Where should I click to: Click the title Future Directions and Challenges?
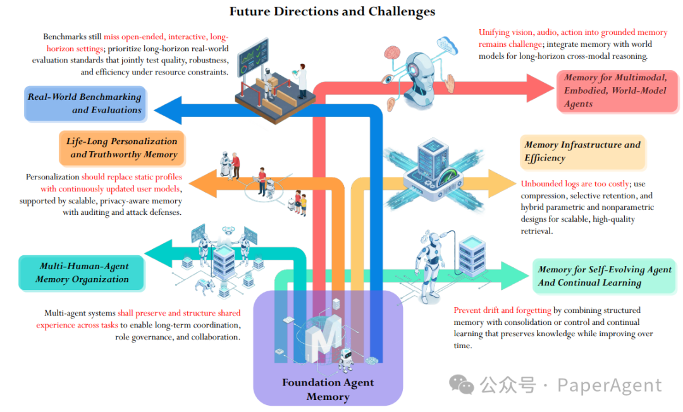click(332, 11)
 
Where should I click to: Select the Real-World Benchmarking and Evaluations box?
click(84, 104)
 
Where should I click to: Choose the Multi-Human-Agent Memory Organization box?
click(82, 273)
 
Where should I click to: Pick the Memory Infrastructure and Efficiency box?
click(582, 152)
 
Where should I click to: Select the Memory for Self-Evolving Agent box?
click(604, 276)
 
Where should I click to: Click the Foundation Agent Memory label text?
click(328, 389)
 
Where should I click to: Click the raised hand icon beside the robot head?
click(450, 84)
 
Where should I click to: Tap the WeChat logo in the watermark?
click(461, 384)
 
